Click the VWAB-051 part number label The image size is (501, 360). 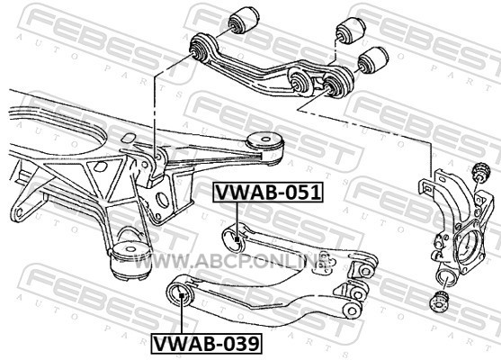268,193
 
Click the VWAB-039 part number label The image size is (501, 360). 206,344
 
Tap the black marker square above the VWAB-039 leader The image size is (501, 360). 181,295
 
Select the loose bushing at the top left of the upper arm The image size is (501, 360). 244,20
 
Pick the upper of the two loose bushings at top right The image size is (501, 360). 351,31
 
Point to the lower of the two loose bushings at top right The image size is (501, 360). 373,60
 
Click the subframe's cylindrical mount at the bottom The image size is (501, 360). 130,261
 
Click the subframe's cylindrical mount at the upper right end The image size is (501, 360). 265,148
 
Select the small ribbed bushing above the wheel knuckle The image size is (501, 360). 482,172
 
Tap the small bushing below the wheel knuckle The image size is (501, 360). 440,301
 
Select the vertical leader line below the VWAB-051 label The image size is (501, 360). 237,219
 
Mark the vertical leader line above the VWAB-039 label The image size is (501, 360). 181,316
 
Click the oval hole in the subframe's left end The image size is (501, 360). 20,212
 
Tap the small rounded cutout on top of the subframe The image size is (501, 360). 128,138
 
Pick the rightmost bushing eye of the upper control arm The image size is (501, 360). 337,84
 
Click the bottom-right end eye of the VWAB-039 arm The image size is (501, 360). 352,310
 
